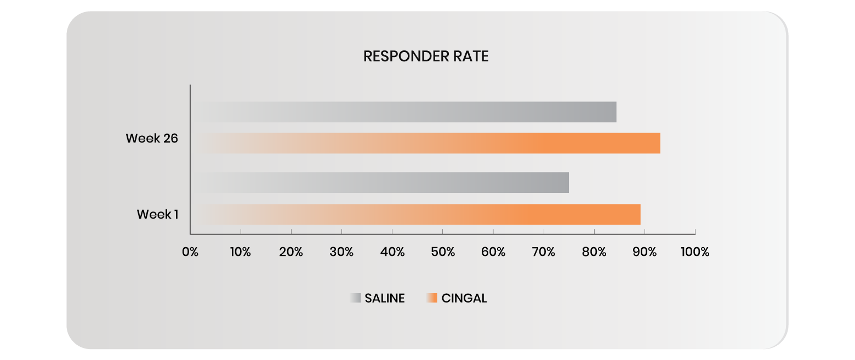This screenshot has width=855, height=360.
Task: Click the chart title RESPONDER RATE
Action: (x=426, y=56)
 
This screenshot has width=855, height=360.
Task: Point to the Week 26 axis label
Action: (x=152, y=139)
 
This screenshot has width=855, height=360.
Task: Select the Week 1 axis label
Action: (x=157, y=214)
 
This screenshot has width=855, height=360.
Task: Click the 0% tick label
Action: (x=190, y=252)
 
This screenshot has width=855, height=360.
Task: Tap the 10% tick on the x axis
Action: (x=240, y=252)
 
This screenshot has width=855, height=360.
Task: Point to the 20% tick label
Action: (x=291, y=252)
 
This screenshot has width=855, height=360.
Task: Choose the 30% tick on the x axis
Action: (x=341, y=252)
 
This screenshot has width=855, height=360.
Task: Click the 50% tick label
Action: (x=443, y=252)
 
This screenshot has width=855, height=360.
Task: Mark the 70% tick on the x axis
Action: (x=544, y=252)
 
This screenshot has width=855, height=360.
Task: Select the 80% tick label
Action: (x=594, y=252)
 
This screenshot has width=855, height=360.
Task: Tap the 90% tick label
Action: (x=645, y=252)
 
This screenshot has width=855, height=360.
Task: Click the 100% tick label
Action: (x=694, y=252)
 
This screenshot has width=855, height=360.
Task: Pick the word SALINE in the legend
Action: (x=385, y=299)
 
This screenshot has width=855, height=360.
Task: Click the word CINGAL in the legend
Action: (x=464, y=299)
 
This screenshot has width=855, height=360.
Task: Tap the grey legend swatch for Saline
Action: (x=356, y=299)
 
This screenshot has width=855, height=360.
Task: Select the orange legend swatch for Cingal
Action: (x=432, y=299)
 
